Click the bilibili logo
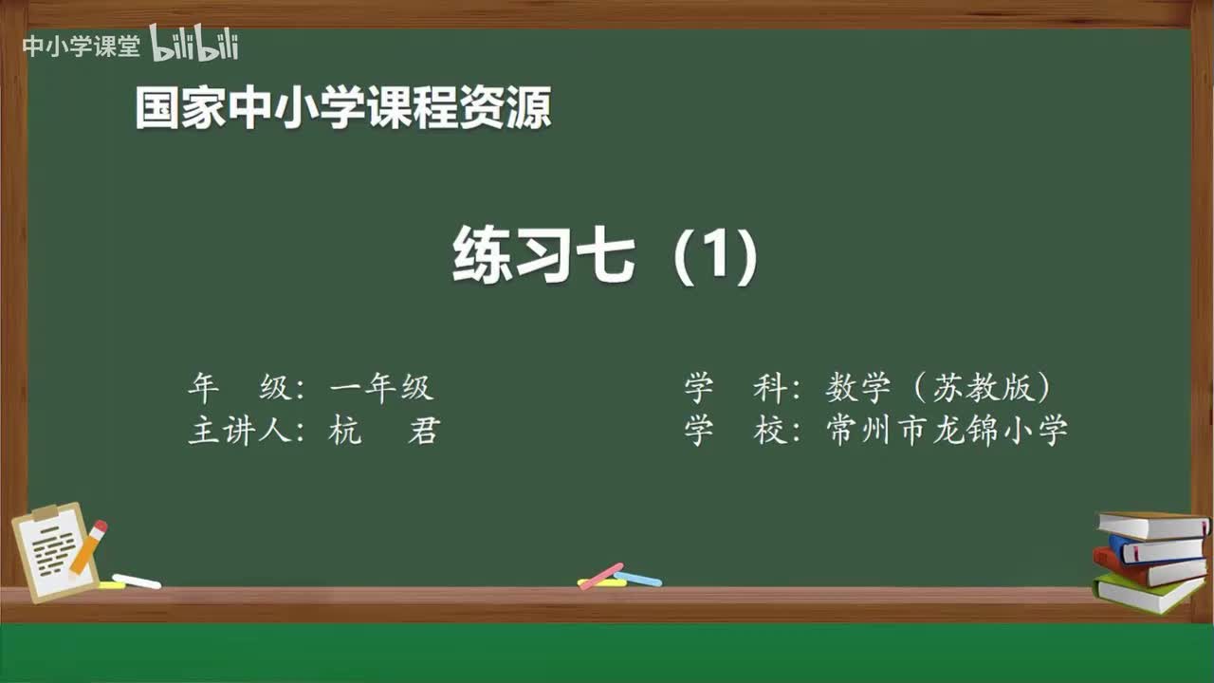click(194, 44)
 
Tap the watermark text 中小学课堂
click(81, 46)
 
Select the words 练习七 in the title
click(544, 255)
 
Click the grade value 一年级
click(381, 387)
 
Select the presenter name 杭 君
click(383, 431)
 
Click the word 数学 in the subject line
click(858, 387)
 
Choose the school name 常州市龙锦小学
click(947, 431)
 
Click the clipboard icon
click(55, 551)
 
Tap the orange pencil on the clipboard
click(88, 547)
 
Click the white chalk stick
click(137, 581)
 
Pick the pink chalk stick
click(601, 575)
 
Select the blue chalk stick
click(638, 579)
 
